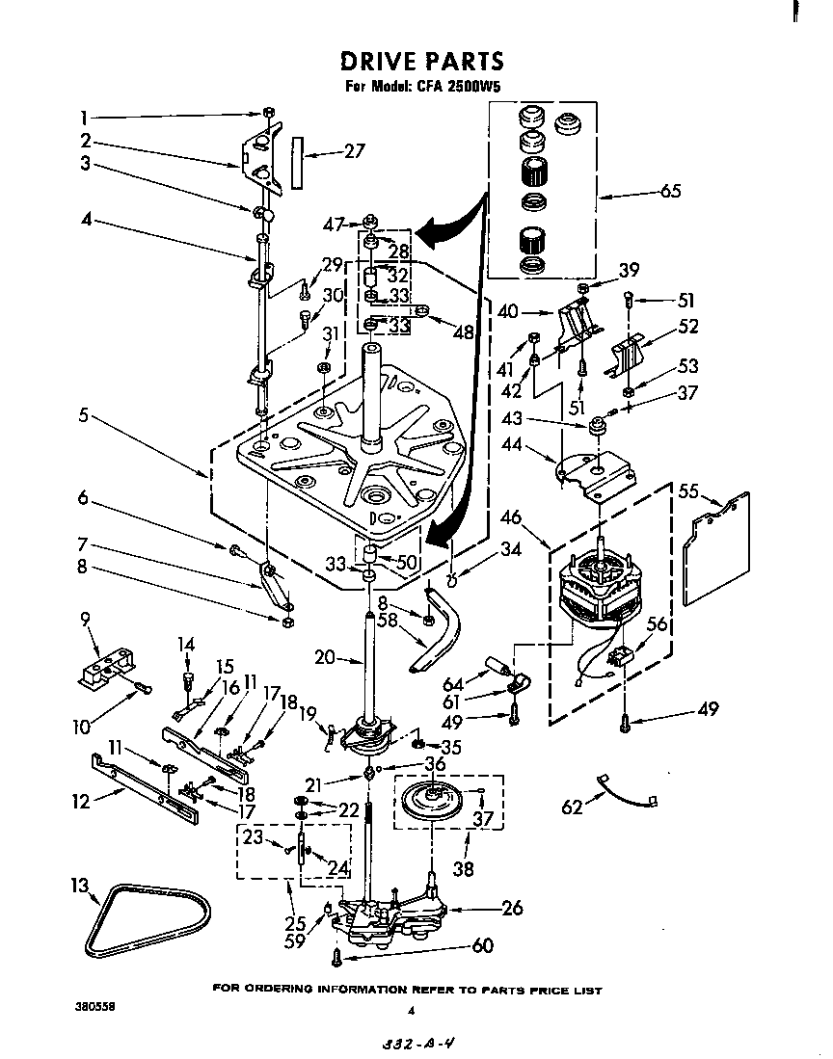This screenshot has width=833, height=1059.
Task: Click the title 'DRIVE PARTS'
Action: pos(421,62)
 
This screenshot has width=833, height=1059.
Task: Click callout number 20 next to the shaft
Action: pos(325,657)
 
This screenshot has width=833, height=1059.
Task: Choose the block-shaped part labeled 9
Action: pos(103,667)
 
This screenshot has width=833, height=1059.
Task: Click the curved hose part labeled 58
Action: pos(439,636)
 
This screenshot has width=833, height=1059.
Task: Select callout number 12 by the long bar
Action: pos(82,802)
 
